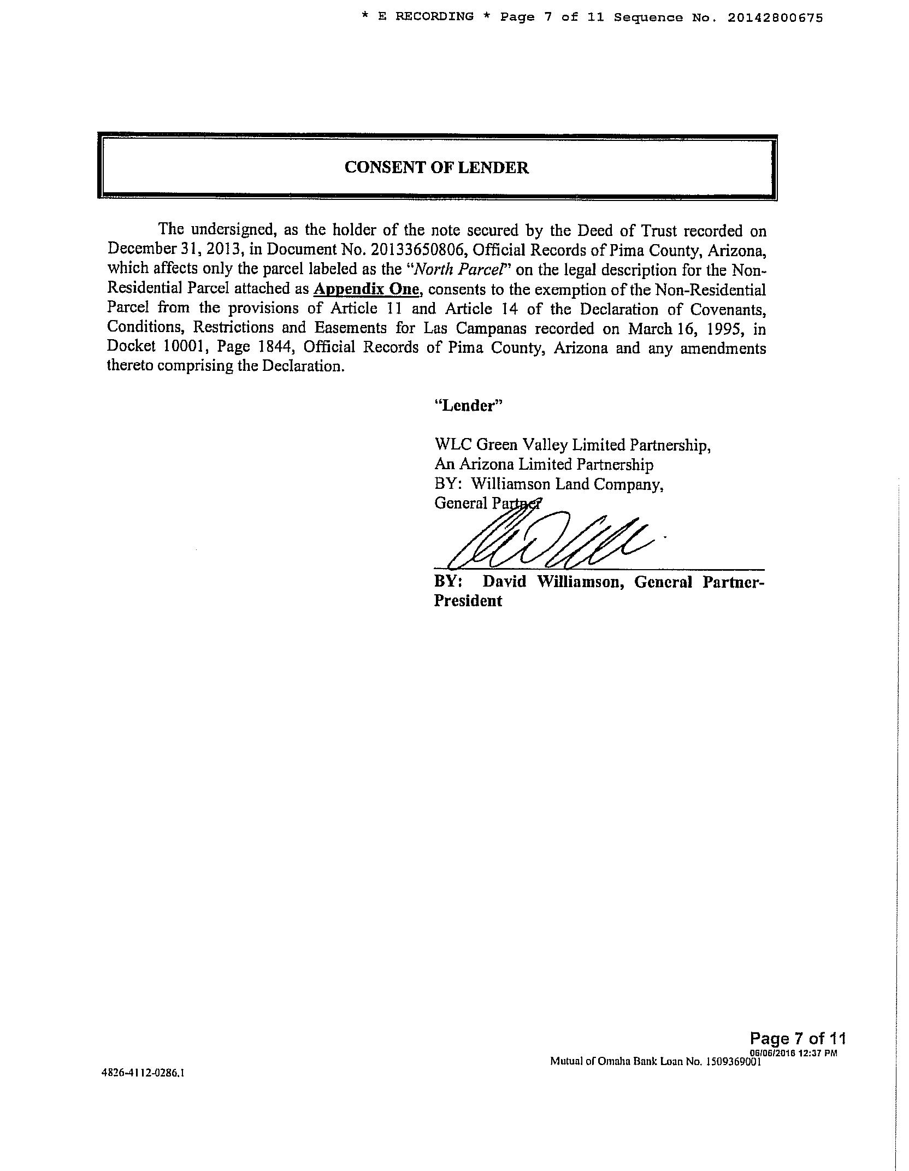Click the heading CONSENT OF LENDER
pos(436,168)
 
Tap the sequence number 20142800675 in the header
pos(775,17)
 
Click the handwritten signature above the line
pos(546,541)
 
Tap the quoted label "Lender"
pos(468,405)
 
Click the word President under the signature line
pos(468,601)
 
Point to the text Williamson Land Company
pos(567,484)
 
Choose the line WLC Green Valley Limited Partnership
pos(572,445)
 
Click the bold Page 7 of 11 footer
pos(798,1038)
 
